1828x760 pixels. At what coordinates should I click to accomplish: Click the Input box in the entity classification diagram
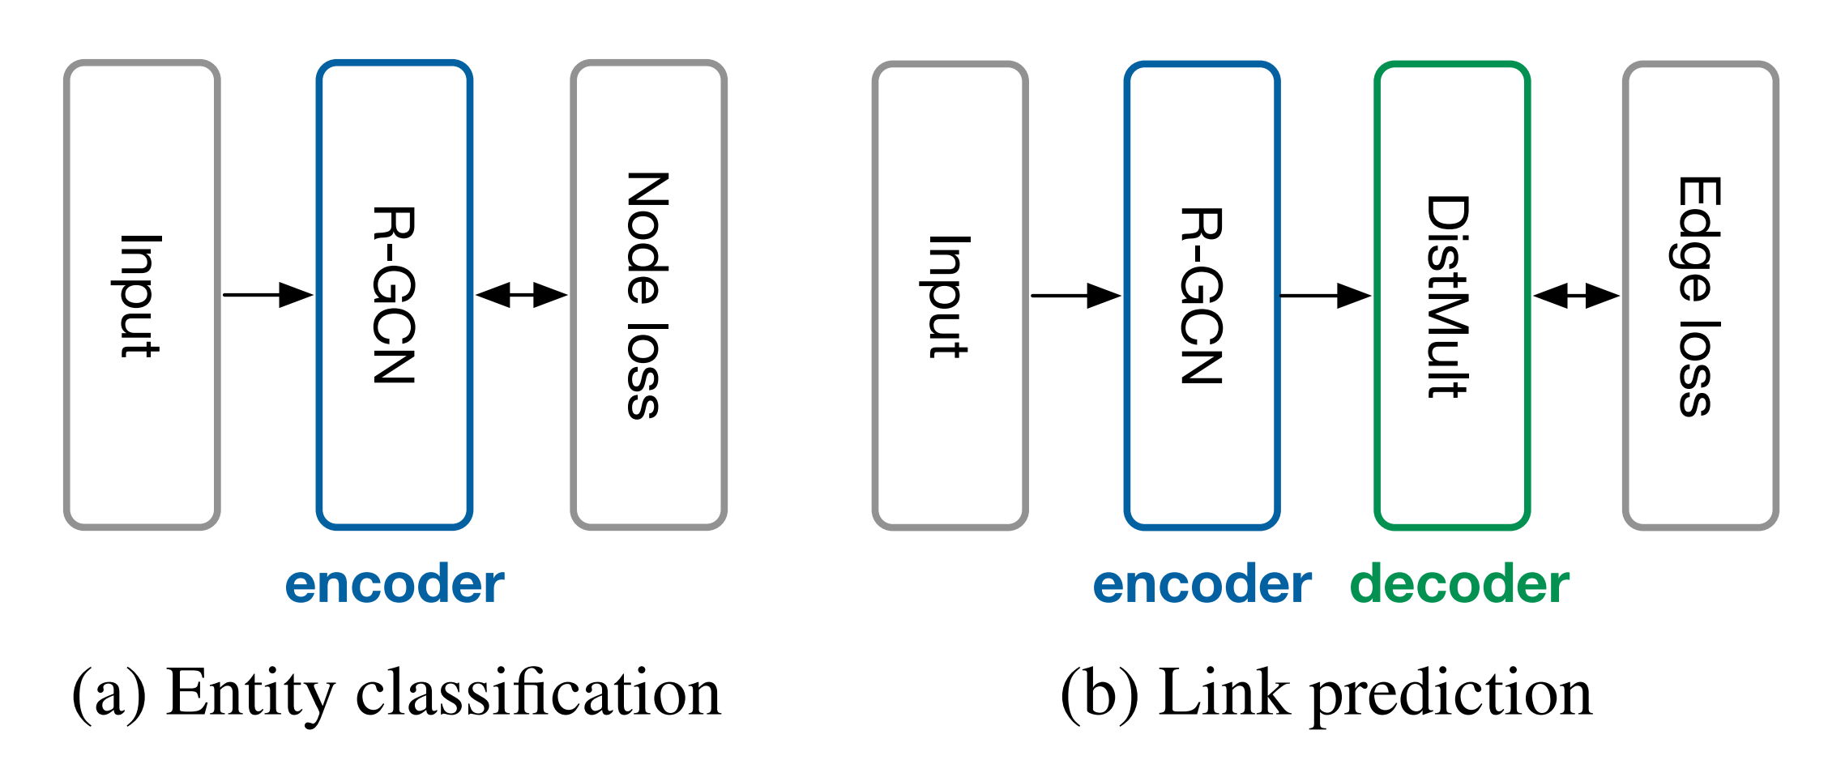coord(142,295)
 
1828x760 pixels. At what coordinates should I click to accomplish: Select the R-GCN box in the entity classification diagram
coord(395,295)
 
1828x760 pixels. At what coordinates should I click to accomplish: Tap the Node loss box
coord(648,295)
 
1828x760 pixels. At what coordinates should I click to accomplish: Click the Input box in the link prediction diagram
coord(950,296)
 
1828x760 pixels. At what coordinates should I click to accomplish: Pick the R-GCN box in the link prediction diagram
coord(1202,296)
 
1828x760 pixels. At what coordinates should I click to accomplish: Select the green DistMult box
coord(1451,296)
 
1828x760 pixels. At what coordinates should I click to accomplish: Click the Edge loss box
coord(1700,296)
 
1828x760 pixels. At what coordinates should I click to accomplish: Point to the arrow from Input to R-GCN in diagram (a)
coord(267,295)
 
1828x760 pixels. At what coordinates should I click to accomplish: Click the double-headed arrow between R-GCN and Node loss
coord(521,295)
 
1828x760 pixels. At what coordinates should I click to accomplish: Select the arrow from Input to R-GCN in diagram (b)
coord(1075,296)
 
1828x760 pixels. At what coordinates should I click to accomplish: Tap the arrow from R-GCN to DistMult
coord(1325,296)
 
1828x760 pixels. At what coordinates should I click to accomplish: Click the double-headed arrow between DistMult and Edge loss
coord(1575,296)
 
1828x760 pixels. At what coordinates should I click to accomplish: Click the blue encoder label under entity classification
coord(395,585)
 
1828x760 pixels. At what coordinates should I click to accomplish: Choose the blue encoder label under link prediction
coord(1202,585)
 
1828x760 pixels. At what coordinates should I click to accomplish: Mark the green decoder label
coord(1459,585)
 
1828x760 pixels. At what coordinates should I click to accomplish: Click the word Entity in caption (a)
coord(250,694)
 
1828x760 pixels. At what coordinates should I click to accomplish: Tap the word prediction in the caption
coord(1450,694)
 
